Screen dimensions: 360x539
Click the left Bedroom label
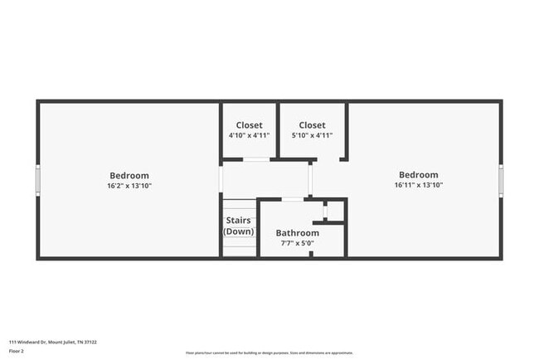tap(129, 175)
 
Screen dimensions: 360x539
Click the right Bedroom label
tap(418, 174)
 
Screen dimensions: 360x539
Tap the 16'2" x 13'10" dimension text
tap(129, 186)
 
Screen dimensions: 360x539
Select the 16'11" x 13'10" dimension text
tap(418, 185)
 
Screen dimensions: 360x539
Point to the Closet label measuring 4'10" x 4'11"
tap(249, 125)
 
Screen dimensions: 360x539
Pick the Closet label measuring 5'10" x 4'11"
tap(312, 125)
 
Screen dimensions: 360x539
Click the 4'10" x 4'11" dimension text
tap(249, 135)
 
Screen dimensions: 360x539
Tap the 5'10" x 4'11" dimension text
tap(312, 135)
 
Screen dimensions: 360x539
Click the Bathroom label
tap(297, 233)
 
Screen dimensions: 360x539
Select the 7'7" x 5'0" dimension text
tap(297, 244)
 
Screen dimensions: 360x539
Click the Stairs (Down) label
tap(239, 226)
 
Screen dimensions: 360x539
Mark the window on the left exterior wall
tap(38, 179)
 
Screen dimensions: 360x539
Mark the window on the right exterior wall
tap(501, 178)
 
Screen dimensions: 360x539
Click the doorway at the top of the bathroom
tap(293, 199)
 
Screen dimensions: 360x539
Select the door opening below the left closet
tap(255, 159)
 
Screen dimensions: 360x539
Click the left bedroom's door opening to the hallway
tap(221, 179)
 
